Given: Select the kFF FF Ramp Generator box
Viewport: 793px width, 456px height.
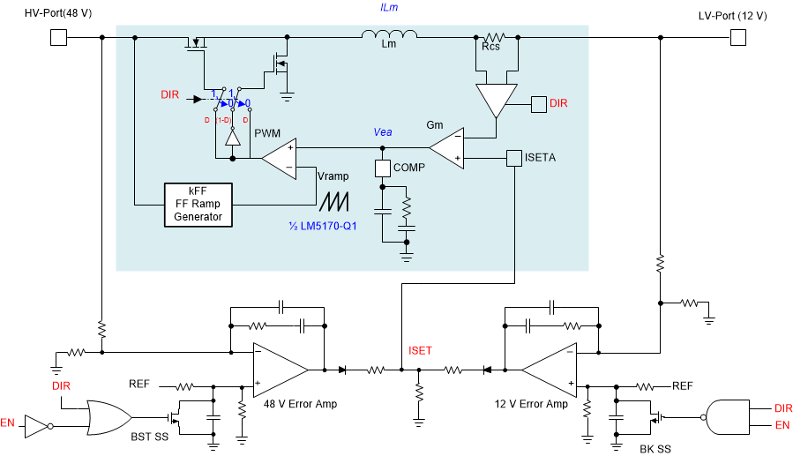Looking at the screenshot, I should [198, 205].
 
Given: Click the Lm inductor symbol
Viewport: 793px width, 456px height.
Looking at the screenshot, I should [389, 36].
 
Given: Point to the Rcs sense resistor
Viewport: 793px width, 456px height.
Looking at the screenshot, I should [493, 37].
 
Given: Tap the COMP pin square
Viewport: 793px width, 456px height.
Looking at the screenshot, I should [382, 168].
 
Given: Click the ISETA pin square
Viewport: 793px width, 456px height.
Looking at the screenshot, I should [514, 159].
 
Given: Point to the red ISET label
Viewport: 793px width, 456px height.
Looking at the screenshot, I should [420, 351].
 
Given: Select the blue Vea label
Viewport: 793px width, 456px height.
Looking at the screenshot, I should [383, 131].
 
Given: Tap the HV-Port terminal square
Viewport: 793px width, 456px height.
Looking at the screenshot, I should [58, 37].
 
